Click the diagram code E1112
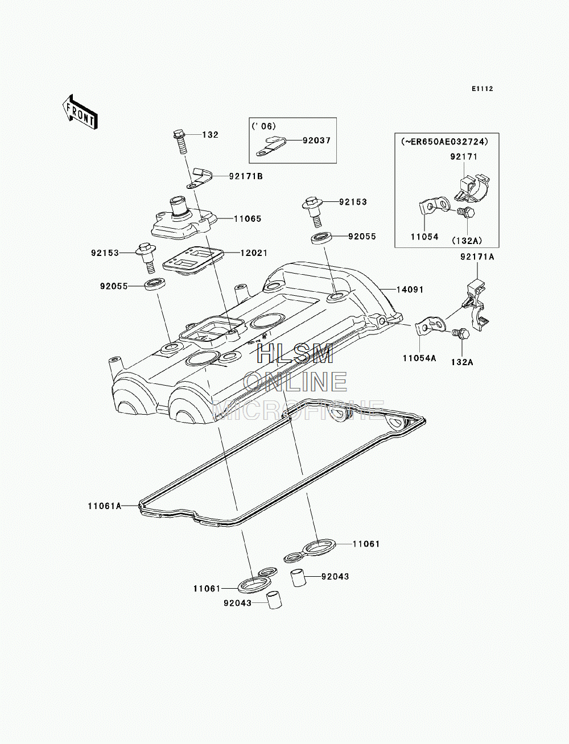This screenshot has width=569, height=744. pyautogui.click(x=483, y=89)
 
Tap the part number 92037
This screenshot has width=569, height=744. pyautogui.click(x=316, y=140)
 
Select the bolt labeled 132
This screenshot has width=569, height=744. pyautogui.click(x=180, y=142)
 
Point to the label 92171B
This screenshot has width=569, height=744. pyautogui.click(x=246, y=176)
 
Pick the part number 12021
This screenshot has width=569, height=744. pyautogui.click(x=254, y=253)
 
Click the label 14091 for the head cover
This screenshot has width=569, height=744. pyautogui.click(x=410, y=290)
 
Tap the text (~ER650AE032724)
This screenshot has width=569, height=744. pyautogui.click(x=445, y=142)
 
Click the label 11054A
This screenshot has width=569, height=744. pyautogui.click(x=419, y=358)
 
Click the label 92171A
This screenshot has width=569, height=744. pyautogui.click(x=477, y=257)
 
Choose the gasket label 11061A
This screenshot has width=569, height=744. pyautogui.click(x=105, y=515)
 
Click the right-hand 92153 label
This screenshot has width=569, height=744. pyautogui.click(x=353, y=202)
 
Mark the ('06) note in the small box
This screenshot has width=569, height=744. pyautogui.click(x=263, y=126)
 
